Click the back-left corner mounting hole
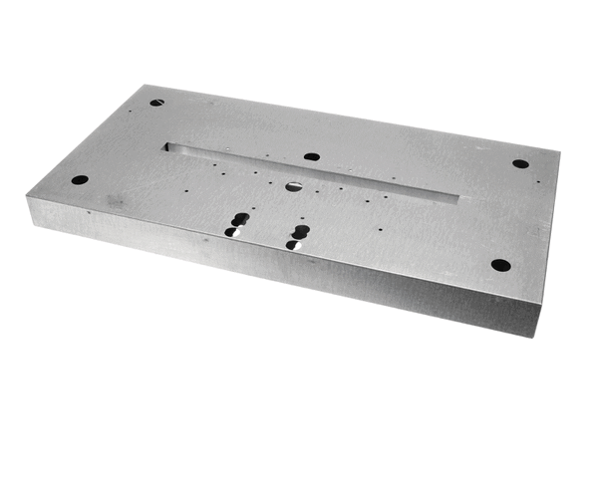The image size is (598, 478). [156, 102]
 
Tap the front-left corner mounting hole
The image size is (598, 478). [79, 180]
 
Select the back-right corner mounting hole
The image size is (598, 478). [520, 163]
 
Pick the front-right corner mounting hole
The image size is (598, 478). [500, 266]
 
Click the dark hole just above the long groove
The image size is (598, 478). [311, 157]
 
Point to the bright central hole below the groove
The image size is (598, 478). [293, 185]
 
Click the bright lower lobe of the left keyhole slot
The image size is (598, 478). [231, 232]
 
